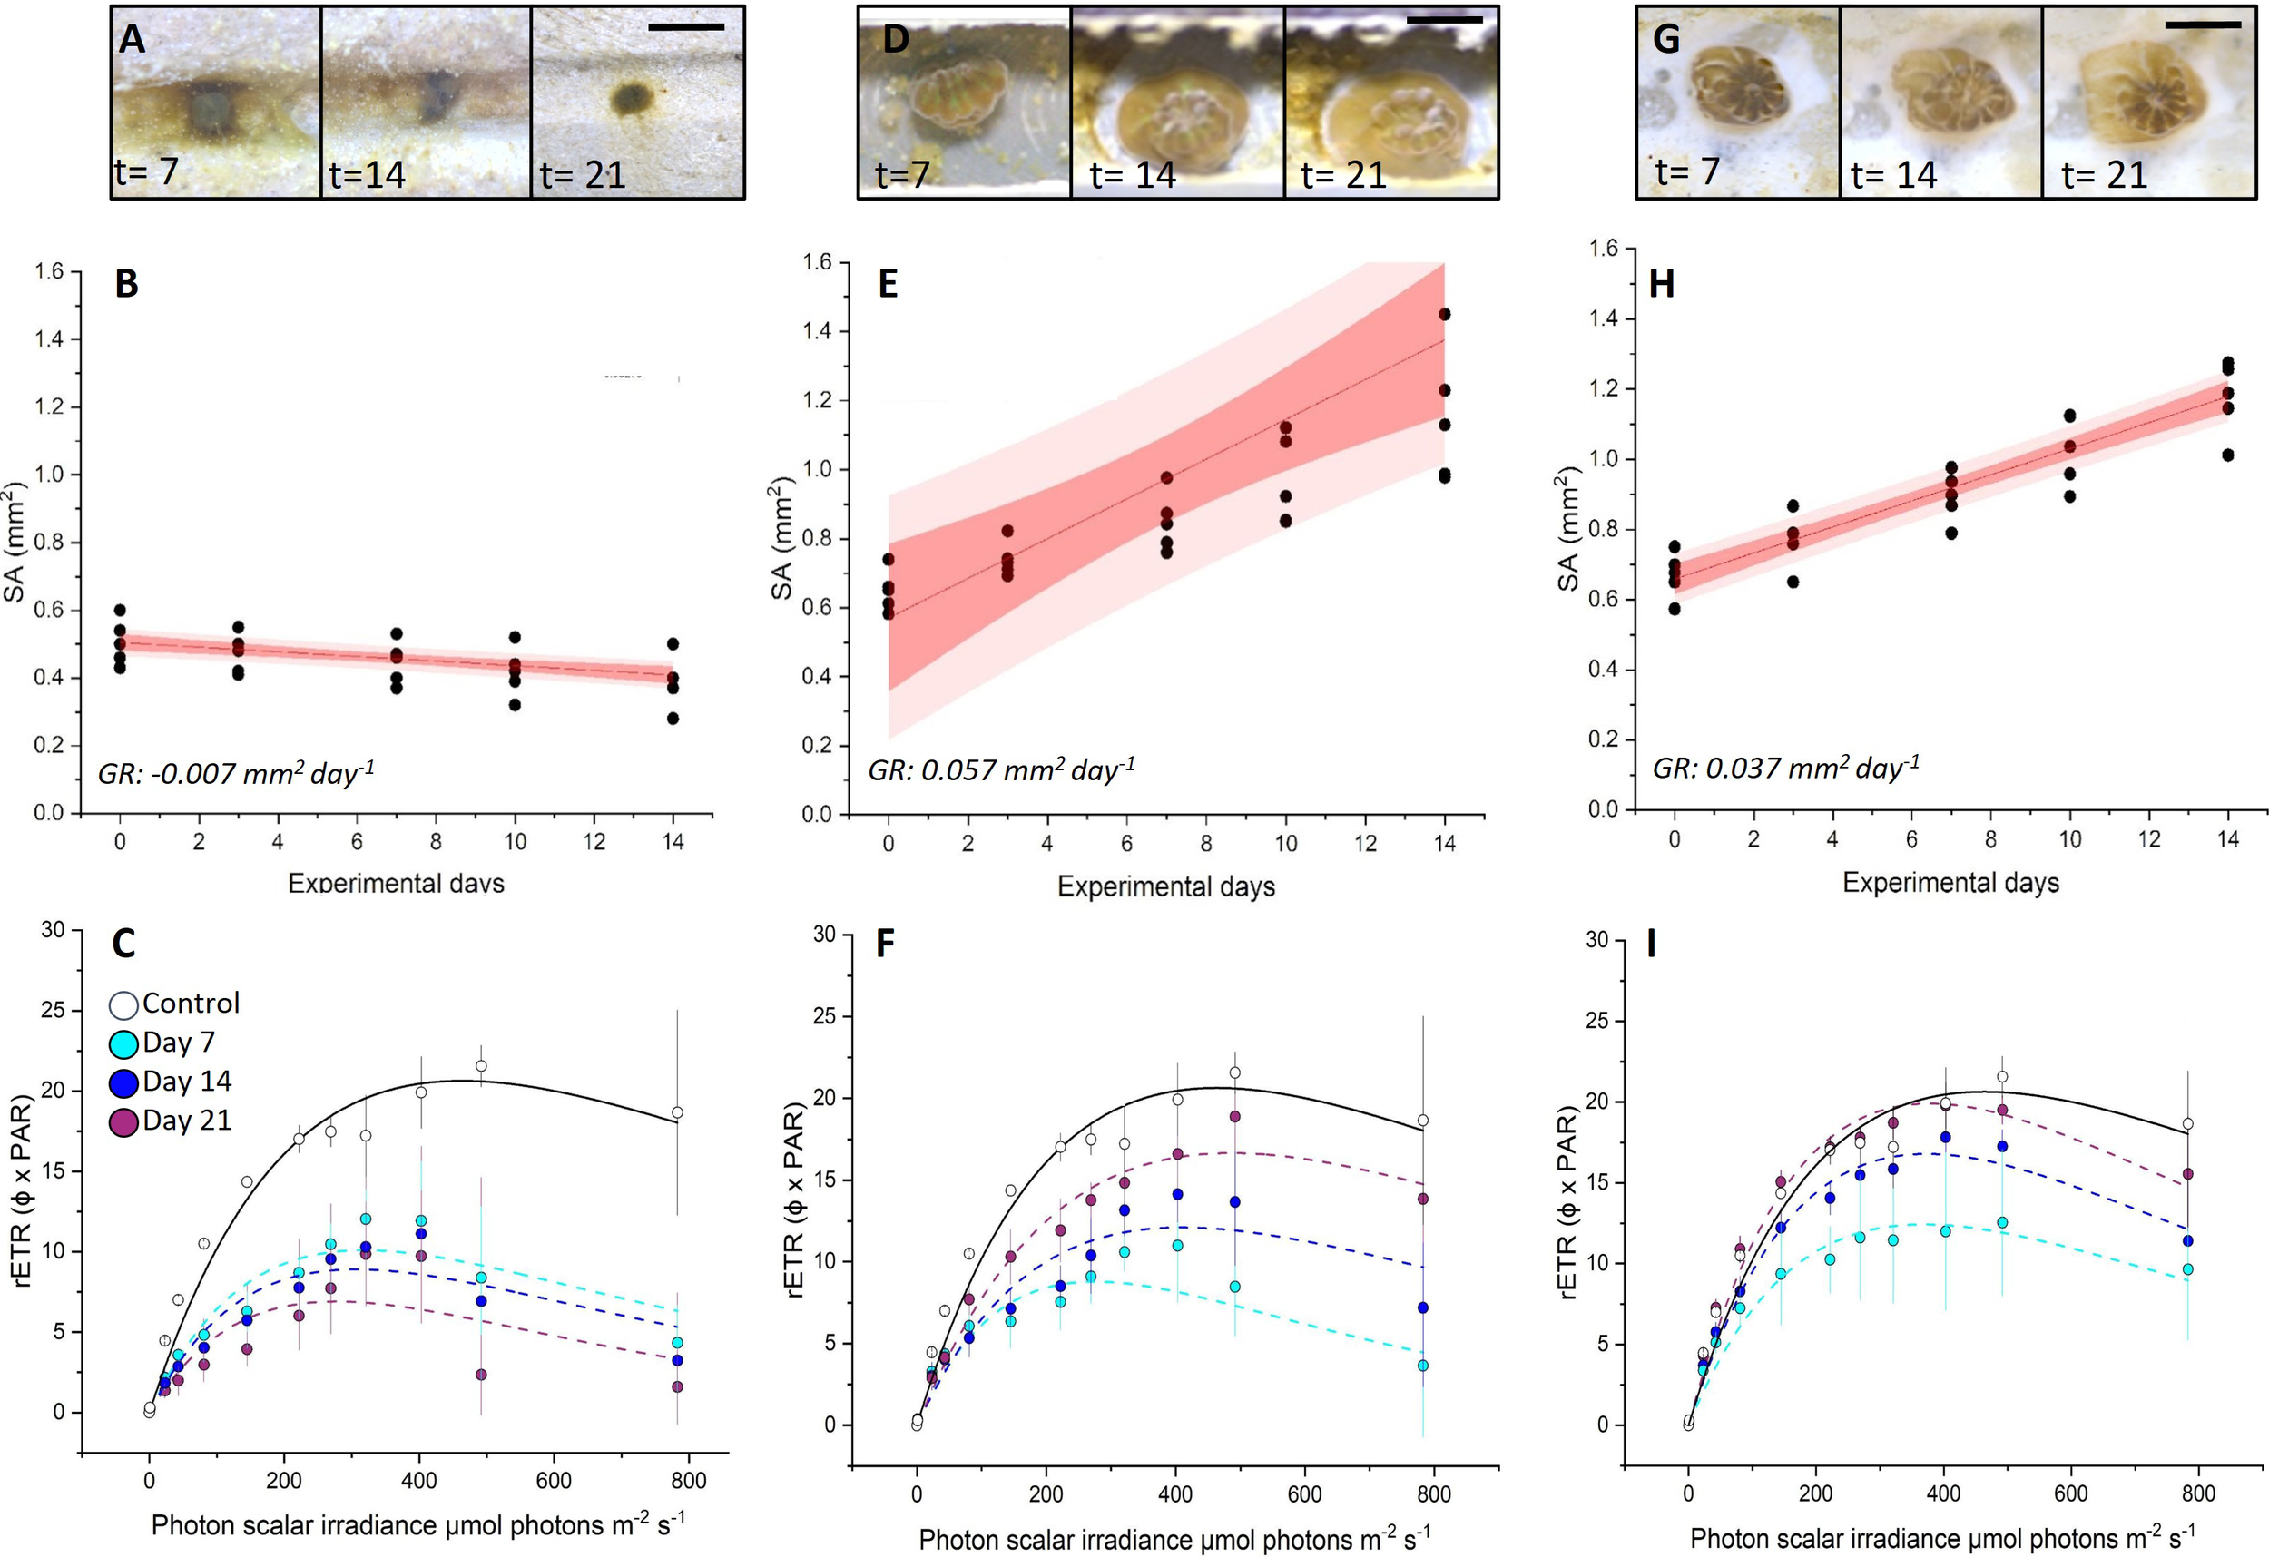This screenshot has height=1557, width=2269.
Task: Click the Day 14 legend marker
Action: point(124,1082)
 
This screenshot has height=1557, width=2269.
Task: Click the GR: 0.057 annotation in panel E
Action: point(1001,770)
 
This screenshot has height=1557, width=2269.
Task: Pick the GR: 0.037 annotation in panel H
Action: point(1784,769)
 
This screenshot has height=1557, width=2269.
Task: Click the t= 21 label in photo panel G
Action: point(2103,176)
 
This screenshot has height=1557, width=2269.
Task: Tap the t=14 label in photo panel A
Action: point(366,176)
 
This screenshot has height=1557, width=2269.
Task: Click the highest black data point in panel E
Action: point(1444,314)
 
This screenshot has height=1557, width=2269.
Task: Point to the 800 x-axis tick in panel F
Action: point(1433,1493)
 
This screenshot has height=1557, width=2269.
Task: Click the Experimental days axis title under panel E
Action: point(1165,886)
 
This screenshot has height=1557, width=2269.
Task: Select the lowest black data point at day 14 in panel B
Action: point(673,719)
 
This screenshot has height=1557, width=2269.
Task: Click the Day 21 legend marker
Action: point(124,1121)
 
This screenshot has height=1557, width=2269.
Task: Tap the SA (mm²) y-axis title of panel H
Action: point(1568,529)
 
